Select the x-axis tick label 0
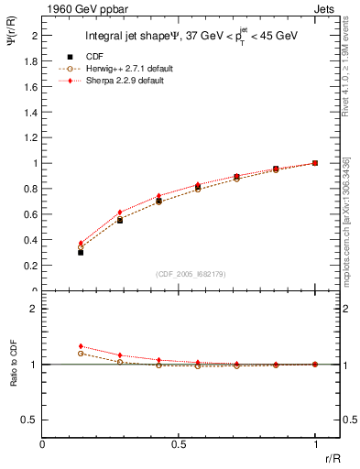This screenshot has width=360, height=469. (43, 444)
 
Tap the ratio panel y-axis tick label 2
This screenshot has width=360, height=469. (35, 309)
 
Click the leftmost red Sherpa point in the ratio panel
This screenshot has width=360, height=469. (81, 346)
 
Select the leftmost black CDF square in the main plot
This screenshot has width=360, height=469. (81, 251)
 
